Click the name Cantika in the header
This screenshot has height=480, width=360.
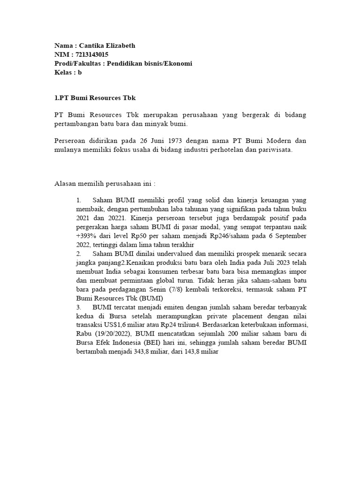pyautogui.click(x=93, y=45)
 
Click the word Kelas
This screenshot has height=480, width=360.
pyautogui.click(x=63, y=73)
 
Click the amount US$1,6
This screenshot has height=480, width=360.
pyautogui.click(x=111, y=325)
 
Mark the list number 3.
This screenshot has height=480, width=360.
pyautogui.click(x=78, y=307)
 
